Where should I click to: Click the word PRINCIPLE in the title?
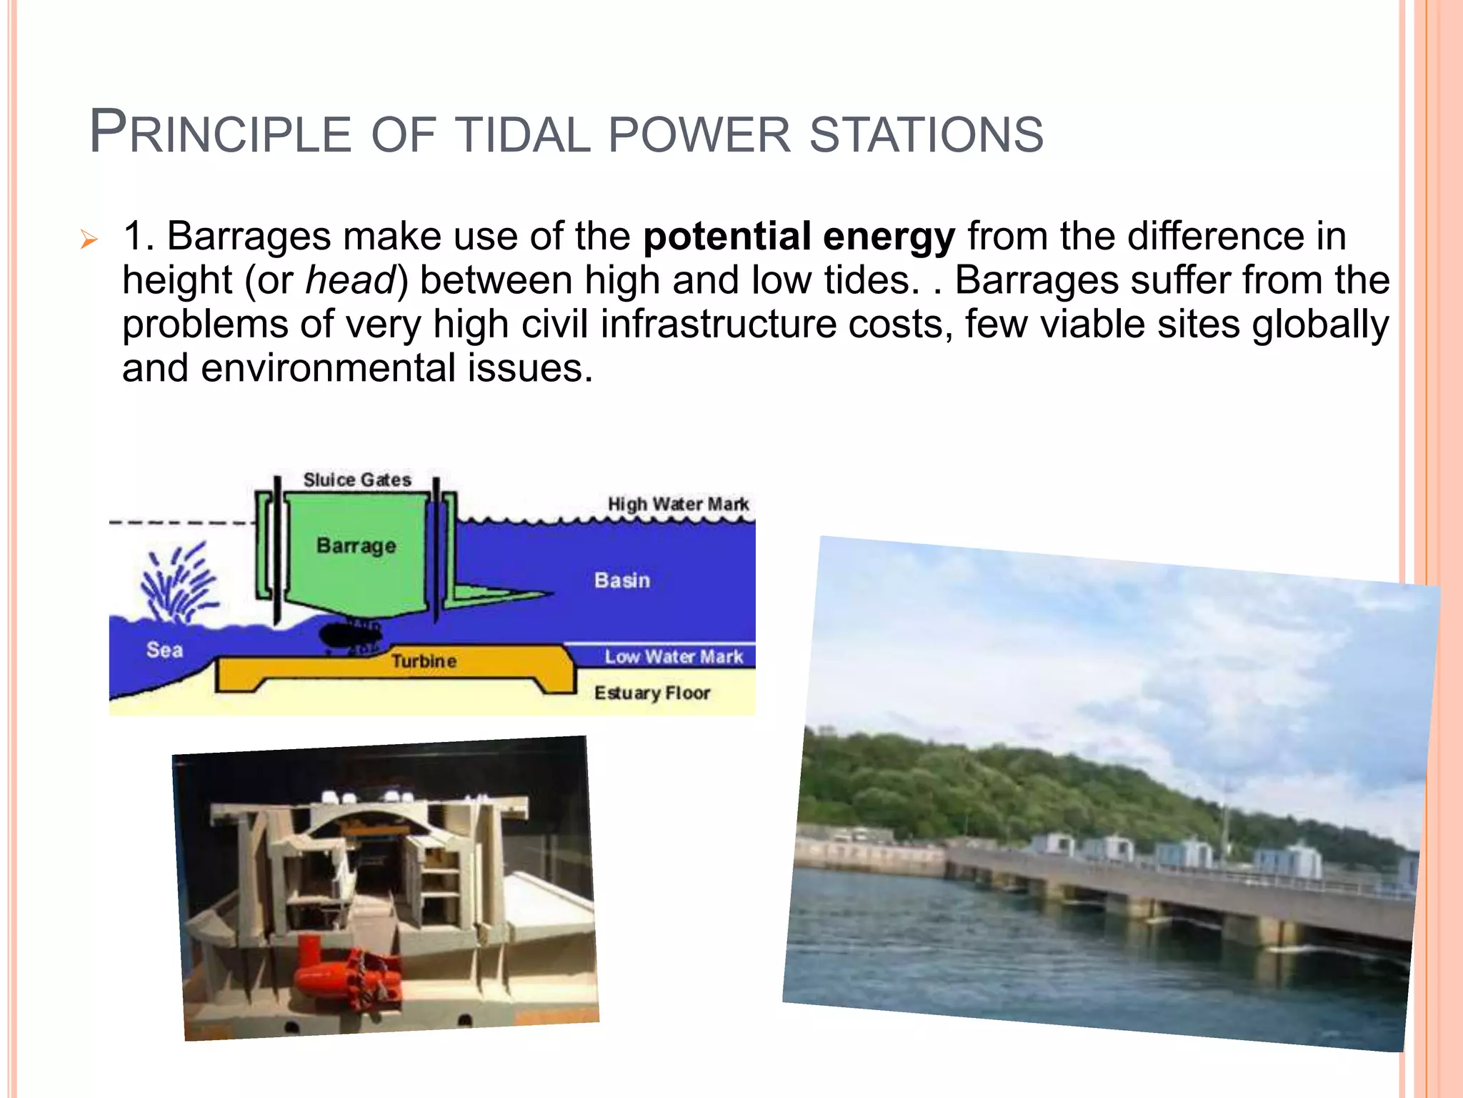click(220, 133)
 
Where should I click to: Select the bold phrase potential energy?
click(799, 237)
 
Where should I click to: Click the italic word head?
click(350, 280)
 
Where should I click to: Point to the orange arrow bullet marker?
click(88, 239)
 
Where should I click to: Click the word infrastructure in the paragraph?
click(718, 324)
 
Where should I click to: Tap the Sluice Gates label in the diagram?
click(357, 480)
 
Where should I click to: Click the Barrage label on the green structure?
click(356, 546)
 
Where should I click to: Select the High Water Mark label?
click(678, 505)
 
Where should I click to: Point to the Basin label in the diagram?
click(621, 580)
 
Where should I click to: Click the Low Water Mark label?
click(673, 657)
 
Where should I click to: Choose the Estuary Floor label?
click(651, 693)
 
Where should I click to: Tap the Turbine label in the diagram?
click(424, 661)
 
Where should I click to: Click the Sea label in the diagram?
click(164, 650)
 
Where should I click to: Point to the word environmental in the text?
click(328, 369)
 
